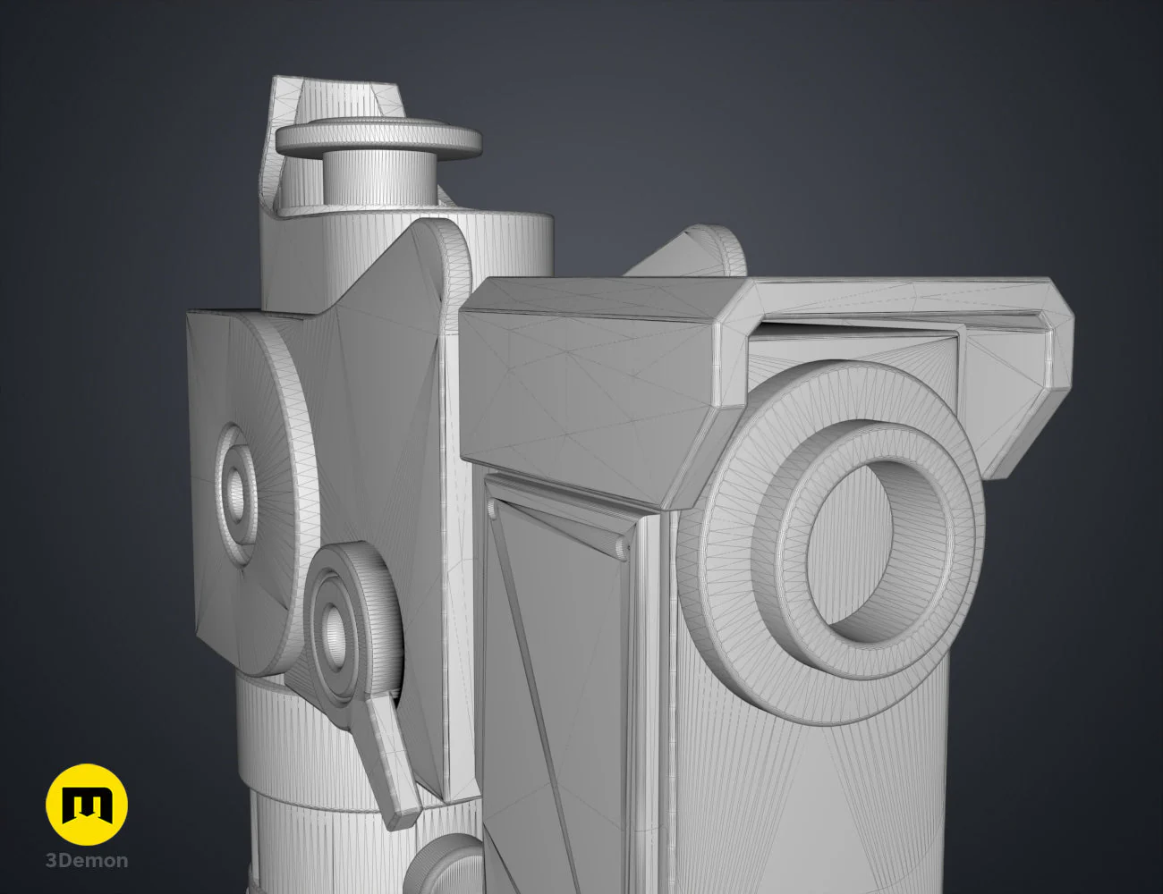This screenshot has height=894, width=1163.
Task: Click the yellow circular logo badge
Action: (87, 805)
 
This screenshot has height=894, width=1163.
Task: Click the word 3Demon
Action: (87, 861)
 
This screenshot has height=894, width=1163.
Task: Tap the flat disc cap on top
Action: (378, 139)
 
